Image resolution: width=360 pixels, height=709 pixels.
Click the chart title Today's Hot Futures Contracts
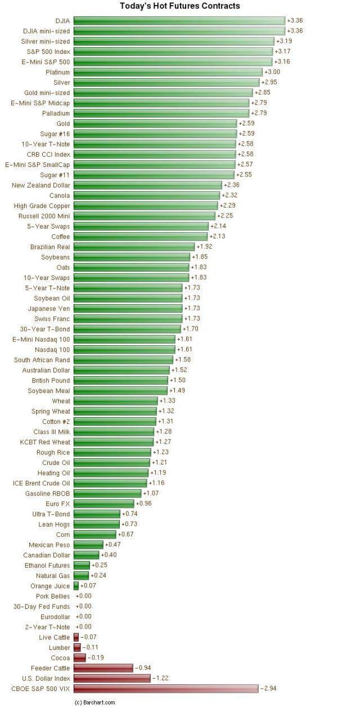click(180, 6)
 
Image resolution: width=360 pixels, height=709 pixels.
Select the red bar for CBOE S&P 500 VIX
click(166, 689)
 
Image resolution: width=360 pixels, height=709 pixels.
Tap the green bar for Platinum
click(168, 72)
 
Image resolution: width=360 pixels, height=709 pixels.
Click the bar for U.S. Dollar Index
click(112, 679)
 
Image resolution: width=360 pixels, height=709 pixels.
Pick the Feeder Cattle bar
click(103, 668)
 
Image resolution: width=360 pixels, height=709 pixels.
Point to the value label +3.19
click(284, 41)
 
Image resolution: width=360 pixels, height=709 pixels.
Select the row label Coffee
click(61, 237)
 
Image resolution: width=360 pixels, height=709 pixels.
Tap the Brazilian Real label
click(50, 247)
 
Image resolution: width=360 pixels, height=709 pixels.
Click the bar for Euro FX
click(104, 504)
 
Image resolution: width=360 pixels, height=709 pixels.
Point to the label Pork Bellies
click(53, 597)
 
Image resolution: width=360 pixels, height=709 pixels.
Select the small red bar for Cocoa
click(79, 658)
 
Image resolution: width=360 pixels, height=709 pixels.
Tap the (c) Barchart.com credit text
click(94, 702)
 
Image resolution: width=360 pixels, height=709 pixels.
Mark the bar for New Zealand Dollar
click(147, 185)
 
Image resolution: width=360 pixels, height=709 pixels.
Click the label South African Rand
click(42, 360)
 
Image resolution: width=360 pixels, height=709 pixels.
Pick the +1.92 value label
click(204, 247)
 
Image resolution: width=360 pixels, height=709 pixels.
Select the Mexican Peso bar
click(88, 545)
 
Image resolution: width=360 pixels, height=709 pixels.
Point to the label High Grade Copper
click(42, 206)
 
